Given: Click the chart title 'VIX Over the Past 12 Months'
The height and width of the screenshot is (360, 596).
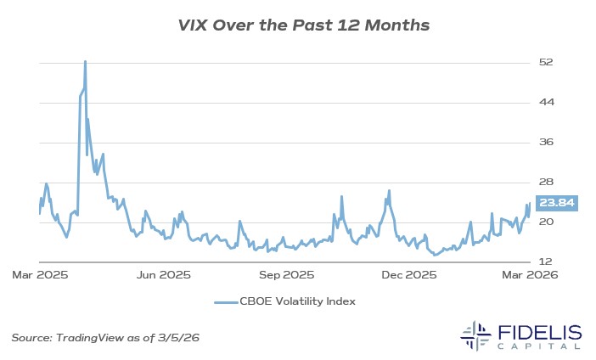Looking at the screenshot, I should pyautogui.click(x=298, y=25).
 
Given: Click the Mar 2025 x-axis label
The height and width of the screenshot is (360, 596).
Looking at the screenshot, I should pyautogui.click(x=40, y=275).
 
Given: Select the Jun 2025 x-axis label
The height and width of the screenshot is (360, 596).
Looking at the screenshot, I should pyautogui.click(x=163, y=275).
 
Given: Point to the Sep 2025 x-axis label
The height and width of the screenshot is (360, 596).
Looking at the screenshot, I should pyautogui.click(x=287, y=275).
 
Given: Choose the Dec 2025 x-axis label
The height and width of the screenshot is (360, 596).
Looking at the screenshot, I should pyautogui.click(x=408, y=275).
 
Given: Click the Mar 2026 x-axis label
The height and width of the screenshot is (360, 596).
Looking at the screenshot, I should pyautogui.click(x=531, y=275).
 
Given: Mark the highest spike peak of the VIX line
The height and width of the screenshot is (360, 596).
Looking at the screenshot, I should pyautogui.click(x=85, y=61).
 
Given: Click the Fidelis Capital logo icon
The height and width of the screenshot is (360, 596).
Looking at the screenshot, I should pyautogui.click(x=478, y=335).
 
